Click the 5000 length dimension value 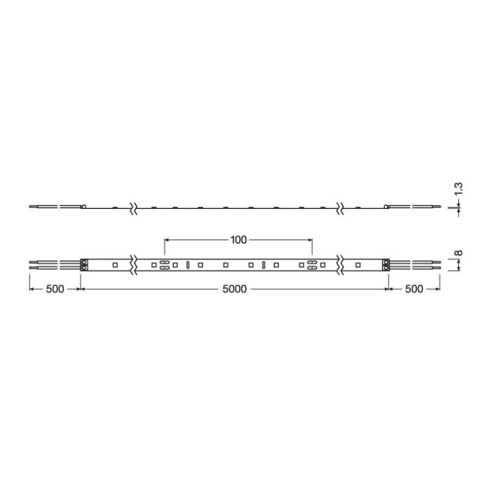point(234,289)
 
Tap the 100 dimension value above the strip point(238,240)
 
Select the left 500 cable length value point(55,289)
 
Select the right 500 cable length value point(413,289)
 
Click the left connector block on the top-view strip point(84,265)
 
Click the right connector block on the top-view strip point(385,265)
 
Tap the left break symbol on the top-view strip point(134,265)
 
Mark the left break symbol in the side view point(134,208)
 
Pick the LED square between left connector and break point(114,265)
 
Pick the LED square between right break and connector point(358,265)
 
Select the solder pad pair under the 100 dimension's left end point(165,265)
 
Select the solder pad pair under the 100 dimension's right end point(312,265)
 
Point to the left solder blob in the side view point(84,207)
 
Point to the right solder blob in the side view point(385,207)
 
